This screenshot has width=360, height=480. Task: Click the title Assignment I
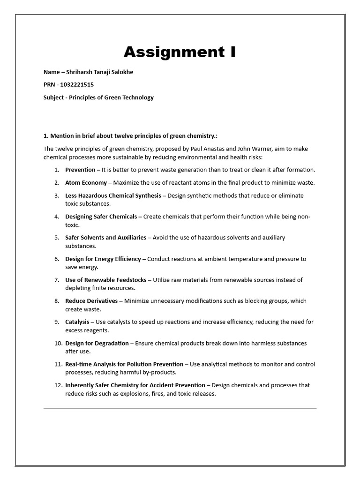pyautogui.click(x=180, y=52)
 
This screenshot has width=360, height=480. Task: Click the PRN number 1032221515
pyautogui.click(x=76, y=85)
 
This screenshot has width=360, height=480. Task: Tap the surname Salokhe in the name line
pyautogui.click(x=128, y=72)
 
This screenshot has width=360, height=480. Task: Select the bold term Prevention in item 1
pyautogui.click(x=80, y=170)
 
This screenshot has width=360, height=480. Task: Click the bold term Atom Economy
pyautogui.click(x=86, y=183)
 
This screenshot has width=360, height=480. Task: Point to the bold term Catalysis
pyautogui.click(x=77, y=322)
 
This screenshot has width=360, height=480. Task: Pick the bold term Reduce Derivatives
pyautogui.click(x=91, y=301)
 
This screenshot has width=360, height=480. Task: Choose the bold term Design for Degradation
pyautogui.click(x=97, y=343)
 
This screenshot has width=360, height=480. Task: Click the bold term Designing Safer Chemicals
pyautogui.click(x=101, y=217)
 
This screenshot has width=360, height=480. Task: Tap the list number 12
pyautogui.click(x=58, y=385)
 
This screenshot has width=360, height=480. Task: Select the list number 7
pyautogui.click(x=56, y=280)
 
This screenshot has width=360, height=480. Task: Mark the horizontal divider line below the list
pyautogui.click(x=180, y=408)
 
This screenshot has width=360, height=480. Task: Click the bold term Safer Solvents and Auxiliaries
pyautogui.click(x=105, y=238)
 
